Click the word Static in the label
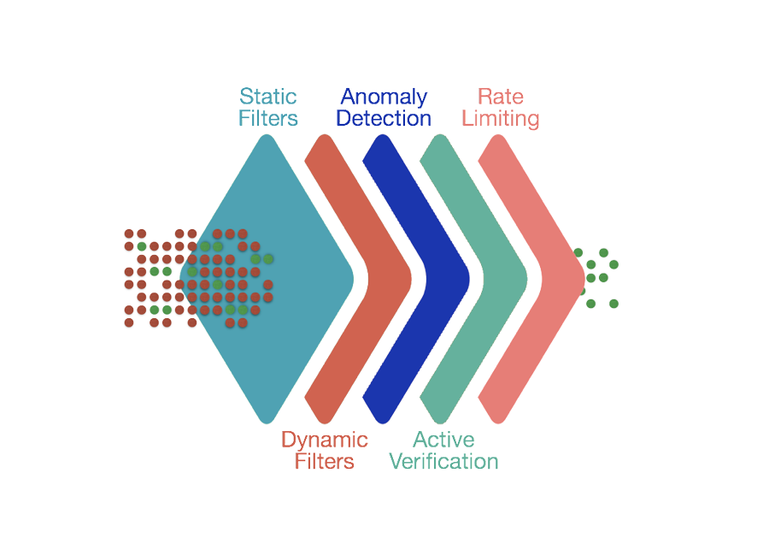pos(267,97)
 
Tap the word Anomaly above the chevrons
pos(384,98)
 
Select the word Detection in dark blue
pos(384,118)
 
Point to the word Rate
pos(501,97)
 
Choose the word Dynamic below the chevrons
pos(324,441)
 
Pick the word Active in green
pos(443,440)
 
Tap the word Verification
pos(443,462)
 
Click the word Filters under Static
pos(267,118)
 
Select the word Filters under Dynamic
pos(324,462)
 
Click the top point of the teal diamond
pos(267,135)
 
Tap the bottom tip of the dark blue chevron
pos(382,423)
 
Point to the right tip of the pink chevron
pos(584,279)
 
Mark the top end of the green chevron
pos(440,135)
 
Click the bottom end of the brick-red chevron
pos(324,423)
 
